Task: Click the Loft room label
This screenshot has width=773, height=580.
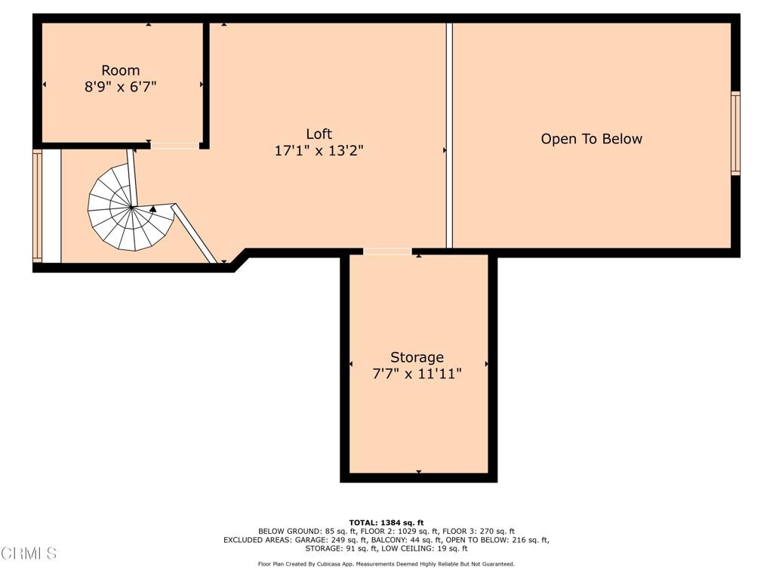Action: [x=319, y=134]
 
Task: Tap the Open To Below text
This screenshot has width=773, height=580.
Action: [x=592, y=139]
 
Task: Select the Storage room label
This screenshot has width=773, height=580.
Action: [x=417, y=357]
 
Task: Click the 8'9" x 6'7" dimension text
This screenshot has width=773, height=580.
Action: [x=121, y=87]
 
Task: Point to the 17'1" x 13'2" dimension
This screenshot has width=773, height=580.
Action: [x=319, y=150]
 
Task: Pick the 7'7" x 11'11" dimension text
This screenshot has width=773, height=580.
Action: [x=417, y=374]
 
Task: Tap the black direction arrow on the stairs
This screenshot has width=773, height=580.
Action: [x=152, y=209]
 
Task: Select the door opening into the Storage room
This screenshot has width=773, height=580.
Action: [x=387, y=251]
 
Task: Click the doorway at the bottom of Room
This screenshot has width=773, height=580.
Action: [x=175, y=146]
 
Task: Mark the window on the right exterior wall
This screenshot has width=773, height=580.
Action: [x=735, y=133]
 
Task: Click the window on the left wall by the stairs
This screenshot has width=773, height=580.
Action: [x=38, y=205]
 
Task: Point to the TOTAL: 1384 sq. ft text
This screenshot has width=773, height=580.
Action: [x=386, y=523]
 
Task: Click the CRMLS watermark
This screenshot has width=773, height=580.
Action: [x=29, y=554]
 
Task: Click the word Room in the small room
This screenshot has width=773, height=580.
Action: [x=121, y=70]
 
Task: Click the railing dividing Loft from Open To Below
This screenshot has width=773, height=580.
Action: [x=449, y=135]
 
